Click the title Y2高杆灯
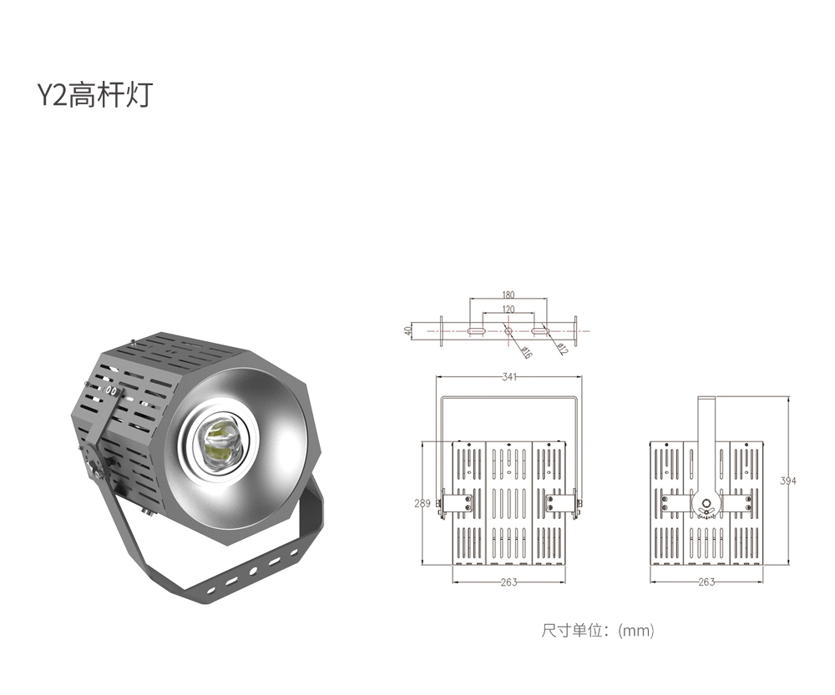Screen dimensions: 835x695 pyautogui.click(x=95, y=94)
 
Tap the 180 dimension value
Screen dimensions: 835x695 pyautogui.click(x=508, y=295)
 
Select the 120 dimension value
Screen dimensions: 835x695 pyautogui.click(x=508, y=310)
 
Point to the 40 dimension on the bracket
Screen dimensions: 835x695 pyautogui.click(x=408, y=330)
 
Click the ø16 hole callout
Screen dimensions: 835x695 pyautogui.click(x=526, y=352)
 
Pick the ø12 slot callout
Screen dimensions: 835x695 pyautogui.click(x=562, y=349)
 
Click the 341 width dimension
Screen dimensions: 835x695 pyautogui.click(x=509, y=377)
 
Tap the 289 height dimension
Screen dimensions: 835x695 pyautogui.click(x=423, y=503)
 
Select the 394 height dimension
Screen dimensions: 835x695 pyautogui.click(x=788, y=481)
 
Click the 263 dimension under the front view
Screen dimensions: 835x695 pyautogui.click(x=509, y=582)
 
